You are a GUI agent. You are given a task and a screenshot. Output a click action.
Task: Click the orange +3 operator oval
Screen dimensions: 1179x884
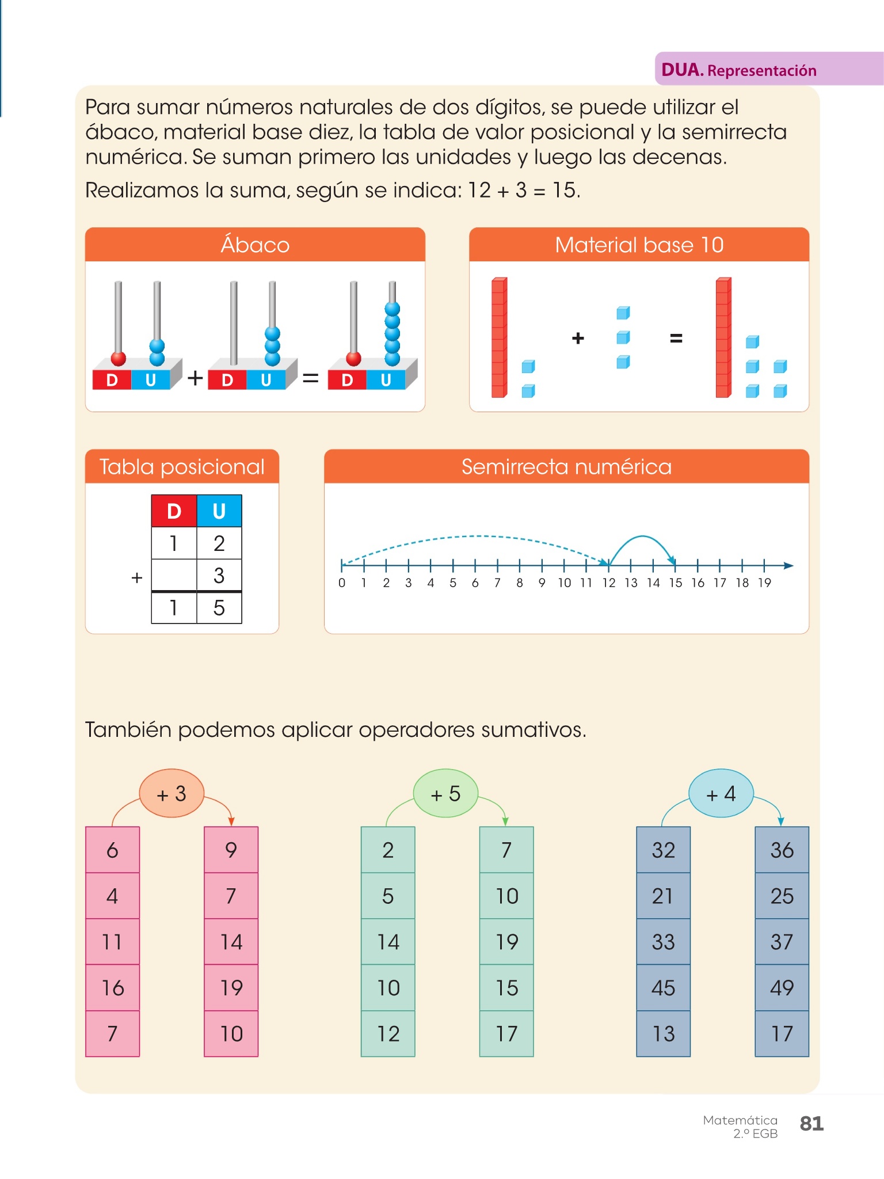(x=172, y=794)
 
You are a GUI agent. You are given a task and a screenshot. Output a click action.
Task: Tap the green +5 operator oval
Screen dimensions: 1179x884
(x=445, y=794)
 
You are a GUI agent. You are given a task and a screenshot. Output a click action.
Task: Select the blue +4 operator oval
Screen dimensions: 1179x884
(x=721, y=794)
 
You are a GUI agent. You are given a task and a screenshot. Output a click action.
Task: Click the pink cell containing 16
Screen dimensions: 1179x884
(x=113, y=988)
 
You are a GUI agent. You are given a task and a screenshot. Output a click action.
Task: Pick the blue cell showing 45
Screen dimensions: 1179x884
(x=663, y=988)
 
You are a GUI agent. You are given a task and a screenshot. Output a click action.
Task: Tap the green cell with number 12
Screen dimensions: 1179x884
(x=388, y=1034)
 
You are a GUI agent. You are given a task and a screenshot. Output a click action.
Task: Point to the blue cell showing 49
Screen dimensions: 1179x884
(x=782, y=988)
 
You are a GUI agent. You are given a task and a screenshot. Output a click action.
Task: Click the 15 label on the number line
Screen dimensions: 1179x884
(x=675, y=583)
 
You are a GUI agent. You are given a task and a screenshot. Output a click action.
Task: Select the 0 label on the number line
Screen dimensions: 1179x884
(x=342, y=583)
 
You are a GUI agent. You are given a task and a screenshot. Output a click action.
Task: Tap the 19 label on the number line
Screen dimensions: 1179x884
(x=764, y=583)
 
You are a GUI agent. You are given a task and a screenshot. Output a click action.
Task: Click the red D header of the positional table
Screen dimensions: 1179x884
(x=174, y=511)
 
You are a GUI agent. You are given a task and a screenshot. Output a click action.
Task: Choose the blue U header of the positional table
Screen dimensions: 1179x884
(x=219, y=511)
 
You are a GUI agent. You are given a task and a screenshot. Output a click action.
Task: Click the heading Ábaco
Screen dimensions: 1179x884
(x=255, y=245)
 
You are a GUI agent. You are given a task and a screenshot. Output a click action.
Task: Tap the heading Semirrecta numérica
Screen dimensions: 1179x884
(x=566, y=466)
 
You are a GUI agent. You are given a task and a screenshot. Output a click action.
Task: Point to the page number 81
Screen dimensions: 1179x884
(x=811, y=1123)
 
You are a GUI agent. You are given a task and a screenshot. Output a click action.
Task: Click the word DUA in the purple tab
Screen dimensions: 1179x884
(x=682, y=70)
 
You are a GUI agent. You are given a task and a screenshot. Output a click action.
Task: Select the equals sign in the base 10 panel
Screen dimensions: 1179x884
(x=676, y=339)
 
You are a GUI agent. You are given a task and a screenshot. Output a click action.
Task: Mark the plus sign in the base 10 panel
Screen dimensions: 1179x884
(x=578, y=339)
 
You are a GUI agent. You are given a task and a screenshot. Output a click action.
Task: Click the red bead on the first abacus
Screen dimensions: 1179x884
(x=119, y=359)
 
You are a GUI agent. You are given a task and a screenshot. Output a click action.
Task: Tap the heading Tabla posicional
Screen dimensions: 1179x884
(x=182, y=466)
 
